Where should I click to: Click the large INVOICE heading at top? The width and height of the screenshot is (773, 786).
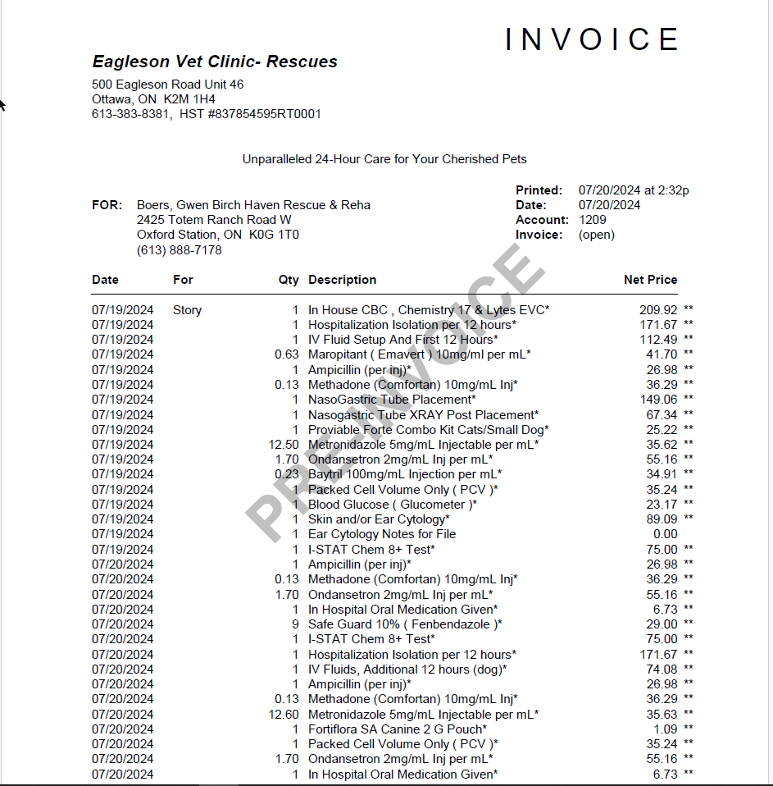(x=592, y=39)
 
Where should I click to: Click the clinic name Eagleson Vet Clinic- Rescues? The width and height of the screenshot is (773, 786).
(x=215, y=62)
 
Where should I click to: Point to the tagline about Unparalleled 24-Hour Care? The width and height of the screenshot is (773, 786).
(x=384, y=159)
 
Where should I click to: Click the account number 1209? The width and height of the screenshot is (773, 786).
(x=592, y=220)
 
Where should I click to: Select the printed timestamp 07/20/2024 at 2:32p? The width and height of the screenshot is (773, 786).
(x=634, y=190)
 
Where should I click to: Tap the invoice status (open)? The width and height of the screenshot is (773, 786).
(x=596, y=235)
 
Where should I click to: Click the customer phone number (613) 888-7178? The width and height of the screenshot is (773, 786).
(x=179, y=250)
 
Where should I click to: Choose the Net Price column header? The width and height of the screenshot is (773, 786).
(x=650, y=280)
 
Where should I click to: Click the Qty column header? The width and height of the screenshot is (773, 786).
(x=289, y=280)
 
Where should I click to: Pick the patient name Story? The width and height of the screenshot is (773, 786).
(x=187, y=310)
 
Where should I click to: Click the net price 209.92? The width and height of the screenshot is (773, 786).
(x=658, y=310)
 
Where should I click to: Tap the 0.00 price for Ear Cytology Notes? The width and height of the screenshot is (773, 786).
(x=664, y=534)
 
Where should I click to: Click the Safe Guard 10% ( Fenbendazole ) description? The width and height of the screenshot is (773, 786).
(x=405, y=624)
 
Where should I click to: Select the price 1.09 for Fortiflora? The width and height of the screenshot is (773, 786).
(x=666, y=729)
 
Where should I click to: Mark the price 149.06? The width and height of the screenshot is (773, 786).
(x=658, y=400)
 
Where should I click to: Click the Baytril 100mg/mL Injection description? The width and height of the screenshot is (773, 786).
(x=405, y=474)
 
